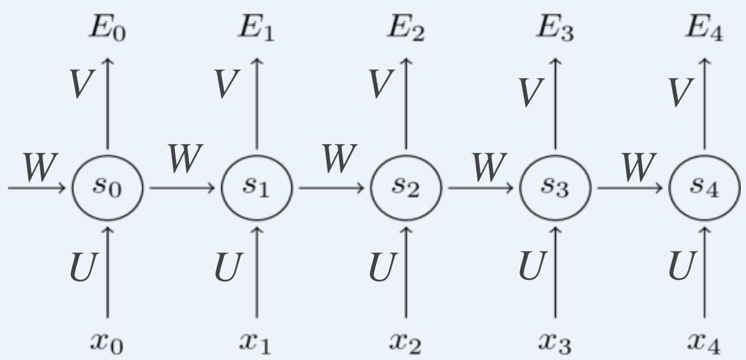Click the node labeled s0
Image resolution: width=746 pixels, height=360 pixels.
click(x=107, y=188)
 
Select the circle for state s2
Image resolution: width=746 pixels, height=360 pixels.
click(x=406, y=188)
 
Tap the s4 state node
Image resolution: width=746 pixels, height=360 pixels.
click(x=705, y=188)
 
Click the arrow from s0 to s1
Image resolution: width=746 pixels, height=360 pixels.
click(x=182, y=189)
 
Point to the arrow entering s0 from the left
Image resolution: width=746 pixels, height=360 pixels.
click(x=36, y=189)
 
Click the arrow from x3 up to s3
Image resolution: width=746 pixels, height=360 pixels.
click(x=555, y=272)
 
